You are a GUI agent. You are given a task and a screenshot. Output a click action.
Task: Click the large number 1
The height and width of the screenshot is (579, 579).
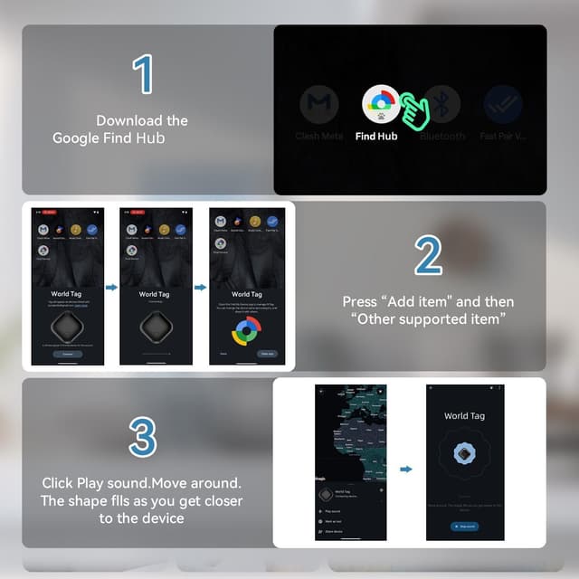point(142,76)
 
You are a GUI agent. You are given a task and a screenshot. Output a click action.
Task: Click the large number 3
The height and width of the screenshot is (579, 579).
point(142,436)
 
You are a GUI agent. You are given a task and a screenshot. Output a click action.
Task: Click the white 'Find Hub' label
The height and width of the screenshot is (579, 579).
point(376,137)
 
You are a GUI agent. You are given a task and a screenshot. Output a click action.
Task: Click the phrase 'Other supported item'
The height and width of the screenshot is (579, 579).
point(428,318)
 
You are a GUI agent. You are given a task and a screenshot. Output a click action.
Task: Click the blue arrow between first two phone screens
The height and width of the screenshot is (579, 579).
point(111,288)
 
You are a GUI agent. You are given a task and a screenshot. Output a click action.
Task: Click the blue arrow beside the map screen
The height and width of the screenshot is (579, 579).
point(406,469)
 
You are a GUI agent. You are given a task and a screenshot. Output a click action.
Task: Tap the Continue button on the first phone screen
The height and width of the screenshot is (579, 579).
point(68,354)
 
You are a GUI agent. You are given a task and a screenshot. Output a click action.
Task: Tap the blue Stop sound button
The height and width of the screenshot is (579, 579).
point(464,526)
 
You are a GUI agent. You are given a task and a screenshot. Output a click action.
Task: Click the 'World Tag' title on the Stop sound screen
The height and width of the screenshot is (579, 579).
point(464,416)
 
